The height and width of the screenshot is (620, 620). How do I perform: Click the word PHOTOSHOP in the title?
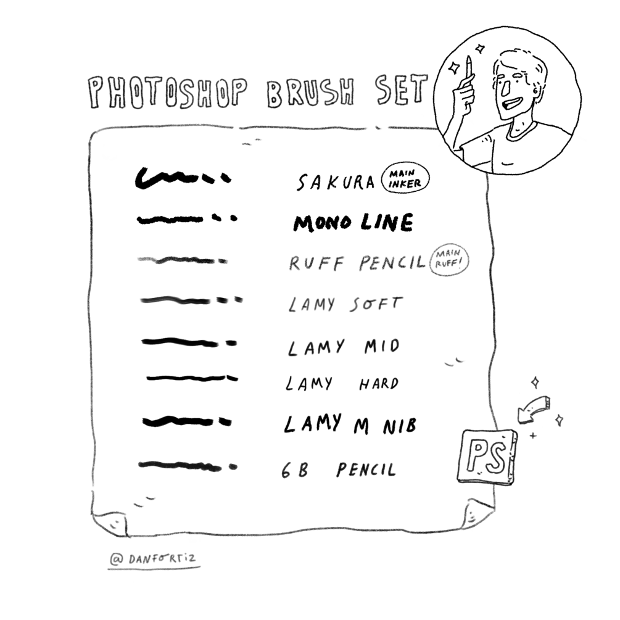pos(167,93)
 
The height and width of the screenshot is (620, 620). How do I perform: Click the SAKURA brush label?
pos(336,182)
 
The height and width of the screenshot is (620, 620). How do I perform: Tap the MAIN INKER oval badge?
pos(405,179)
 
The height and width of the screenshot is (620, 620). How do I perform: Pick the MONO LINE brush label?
pos(353,223)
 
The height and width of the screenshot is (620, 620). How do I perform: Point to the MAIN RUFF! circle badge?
pos(448,259)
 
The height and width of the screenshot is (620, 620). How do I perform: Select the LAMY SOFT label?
pos(345,305)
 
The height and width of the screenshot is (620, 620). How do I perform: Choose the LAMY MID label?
pos(344,347)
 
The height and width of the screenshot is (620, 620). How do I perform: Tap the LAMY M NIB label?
pos(350,424)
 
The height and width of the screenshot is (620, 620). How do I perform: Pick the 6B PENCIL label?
pos(339,470)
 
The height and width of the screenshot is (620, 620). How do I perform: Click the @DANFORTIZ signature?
pos(154,559)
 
